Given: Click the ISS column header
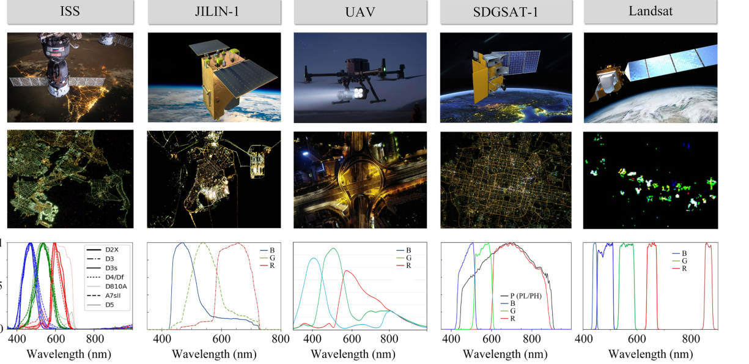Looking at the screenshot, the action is coord(70,12).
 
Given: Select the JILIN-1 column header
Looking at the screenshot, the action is coord(215,12).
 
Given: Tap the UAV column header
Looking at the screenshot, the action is coord(361,12).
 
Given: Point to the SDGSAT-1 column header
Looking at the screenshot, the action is coord(506,12).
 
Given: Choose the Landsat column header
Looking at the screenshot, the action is coord(651,12).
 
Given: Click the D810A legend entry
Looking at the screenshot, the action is coord(107,286).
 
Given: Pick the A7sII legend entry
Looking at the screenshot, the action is coord(106,295).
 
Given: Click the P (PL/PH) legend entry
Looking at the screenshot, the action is coord(521,296).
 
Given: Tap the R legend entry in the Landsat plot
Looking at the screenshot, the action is coord(679,269).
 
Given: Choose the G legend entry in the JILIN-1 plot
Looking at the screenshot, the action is coord(268,258).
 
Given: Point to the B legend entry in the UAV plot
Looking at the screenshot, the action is coord(404,250).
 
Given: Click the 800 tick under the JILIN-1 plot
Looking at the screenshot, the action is coord(281,340).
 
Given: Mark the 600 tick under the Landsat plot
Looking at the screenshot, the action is coord(636,340).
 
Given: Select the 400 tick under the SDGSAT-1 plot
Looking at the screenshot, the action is coord(451,340).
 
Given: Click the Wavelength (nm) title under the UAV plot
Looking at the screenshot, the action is coord(353,354).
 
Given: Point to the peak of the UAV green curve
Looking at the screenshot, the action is coord(333,248).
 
